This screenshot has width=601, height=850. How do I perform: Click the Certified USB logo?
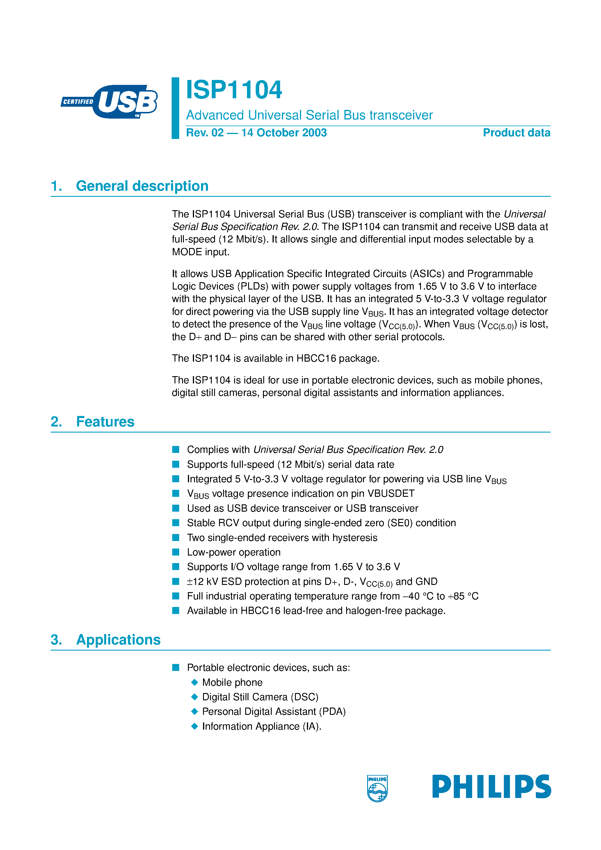click(x=110, y=101)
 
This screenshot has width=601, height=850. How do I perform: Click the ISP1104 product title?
click(x=234, y=90)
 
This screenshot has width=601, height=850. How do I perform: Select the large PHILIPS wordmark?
click(x=491, y=786)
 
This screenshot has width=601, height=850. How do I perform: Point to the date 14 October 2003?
click(x=284, y=133)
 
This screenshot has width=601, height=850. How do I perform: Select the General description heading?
click(x=142, y=186)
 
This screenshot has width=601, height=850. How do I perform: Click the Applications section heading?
click(x=118, y=640)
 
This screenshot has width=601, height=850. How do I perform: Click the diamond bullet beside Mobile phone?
click(x=195, y=682)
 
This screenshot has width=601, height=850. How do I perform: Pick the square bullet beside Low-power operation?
click(x=176, y=552)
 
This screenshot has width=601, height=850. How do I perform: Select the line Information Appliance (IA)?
click(x=261, y=726)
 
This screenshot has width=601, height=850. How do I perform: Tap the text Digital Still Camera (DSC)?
click(x=260, y=697)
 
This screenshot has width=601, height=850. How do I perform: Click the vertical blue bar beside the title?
click(x=175, y=108)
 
